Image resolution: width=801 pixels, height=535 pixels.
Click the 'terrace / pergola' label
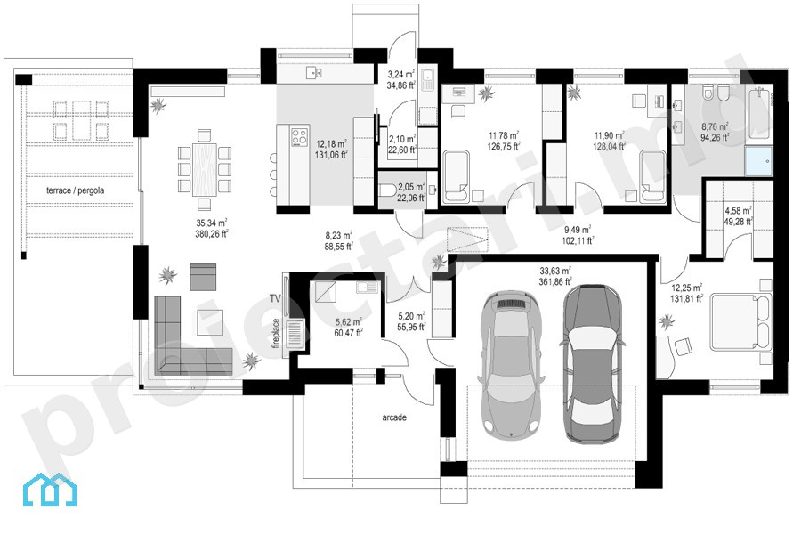click(x=75, y=190)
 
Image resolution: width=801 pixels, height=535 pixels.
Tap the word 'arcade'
click(x=394, y=417)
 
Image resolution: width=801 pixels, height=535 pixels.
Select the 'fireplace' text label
click(x=276, y=334)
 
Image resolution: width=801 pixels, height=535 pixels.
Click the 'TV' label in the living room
click(x=275, y=299)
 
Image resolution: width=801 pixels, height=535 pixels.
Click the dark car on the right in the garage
click(x=593, y=364)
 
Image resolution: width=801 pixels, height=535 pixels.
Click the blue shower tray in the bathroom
click(x=758, y=161)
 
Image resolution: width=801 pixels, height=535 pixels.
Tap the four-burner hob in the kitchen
click(x=299, y=136)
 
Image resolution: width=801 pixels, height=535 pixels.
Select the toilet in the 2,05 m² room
click(x=388, y=190)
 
